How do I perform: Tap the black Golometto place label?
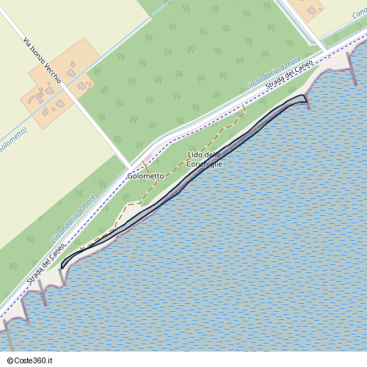coord(145,176)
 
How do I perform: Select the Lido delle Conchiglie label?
coord(205,159)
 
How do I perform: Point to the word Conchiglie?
coord(205,164)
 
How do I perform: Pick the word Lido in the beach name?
coord(194,155)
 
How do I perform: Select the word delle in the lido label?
coord(212,155)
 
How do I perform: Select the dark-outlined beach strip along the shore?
coord(183,183)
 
